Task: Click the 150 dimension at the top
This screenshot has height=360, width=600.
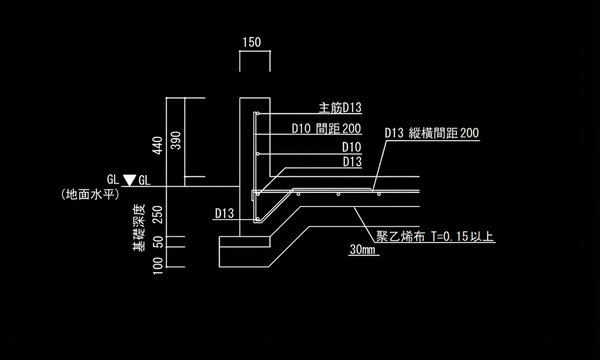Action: (x=251, y=42)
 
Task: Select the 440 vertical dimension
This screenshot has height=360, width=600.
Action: (x=158, y=145)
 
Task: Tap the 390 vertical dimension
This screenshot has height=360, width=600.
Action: (x=176, y=140)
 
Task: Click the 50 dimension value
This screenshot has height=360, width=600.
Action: (x=158, y=242)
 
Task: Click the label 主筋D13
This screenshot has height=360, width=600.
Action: (x=340, y=107)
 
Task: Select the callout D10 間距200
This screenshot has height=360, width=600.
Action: (x=326, y=129)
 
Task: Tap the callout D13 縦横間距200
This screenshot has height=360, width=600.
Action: (x=432, y=133)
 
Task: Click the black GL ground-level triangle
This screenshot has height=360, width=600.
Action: (x=129, y=180)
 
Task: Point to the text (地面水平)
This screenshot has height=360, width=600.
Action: (x=91, y=194)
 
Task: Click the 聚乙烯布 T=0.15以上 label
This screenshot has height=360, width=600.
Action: (x=435, y=237)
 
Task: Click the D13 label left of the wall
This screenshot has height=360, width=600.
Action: (x=224, y=213)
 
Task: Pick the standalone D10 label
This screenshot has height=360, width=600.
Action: (x=352, y=147)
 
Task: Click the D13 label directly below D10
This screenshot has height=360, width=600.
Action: (x=352, y=162)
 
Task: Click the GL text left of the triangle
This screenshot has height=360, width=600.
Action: (x=113, y=180)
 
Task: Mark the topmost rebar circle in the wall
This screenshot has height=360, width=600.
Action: (x=258, y=114)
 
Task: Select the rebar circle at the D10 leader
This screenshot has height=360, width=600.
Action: (x=258, y=154)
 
